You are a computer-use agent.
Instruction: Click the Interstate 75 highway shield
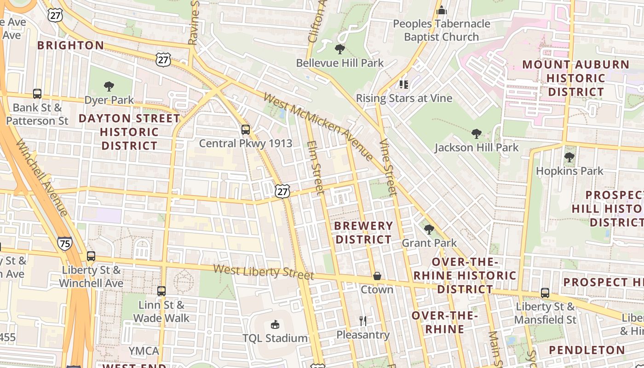(x=65, y=243)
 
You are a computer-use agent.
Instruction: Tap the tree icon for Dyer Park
(x=109, y=86)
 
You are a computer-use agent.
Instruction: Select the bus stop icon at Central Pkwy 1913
(x=246, y=130)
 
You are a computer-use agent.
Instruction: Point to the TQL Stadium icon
(x=275, y=325)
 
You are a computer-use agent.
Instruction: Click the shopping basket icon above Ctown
(x=377, y=276)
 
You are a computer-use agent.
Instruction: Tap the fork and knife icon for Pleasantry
(x=363, y=321)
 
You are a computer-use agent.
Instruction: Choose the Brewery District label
(x=363, y=233)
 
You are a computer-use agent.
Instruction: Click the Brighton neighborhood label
(x=71, y=46)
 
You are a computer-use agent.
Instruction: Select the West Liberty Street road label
(x=264, y=272)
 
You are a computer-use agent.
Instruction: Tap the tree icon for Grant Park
(x=429, y=229)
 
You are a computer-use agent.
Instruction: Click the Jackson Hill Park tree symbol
(x=477, y=134)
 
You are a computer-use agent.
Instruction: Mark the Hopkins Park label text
(x=569, y=171)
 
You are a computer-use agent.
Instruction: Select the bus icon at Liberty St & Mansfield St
(x=545, y=293)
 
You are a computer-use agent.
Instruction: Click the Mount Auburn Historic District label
(x=576, y=78)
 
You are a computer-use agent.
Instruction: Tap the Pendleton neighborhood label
(x=587, y=350)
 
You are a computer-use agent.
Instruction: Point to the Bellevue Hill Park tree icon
(x=340, y=49)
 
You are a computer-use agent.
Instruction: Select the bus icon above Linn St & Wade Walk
(x=161, y=291)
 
